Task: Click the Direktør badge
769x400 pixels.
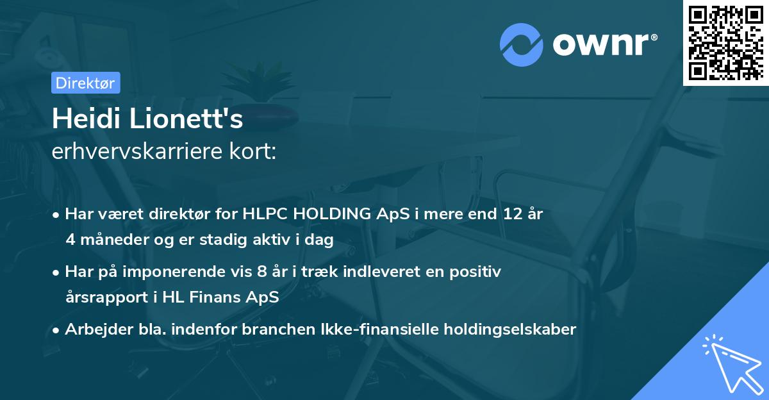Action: pos(85,83)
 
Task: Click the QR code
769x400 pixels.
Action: pos(726,42)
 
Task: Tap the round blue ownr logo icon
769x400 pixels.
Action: pos(522,44)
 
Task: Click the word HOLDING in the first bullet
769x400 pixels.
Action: pos(335,214)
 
